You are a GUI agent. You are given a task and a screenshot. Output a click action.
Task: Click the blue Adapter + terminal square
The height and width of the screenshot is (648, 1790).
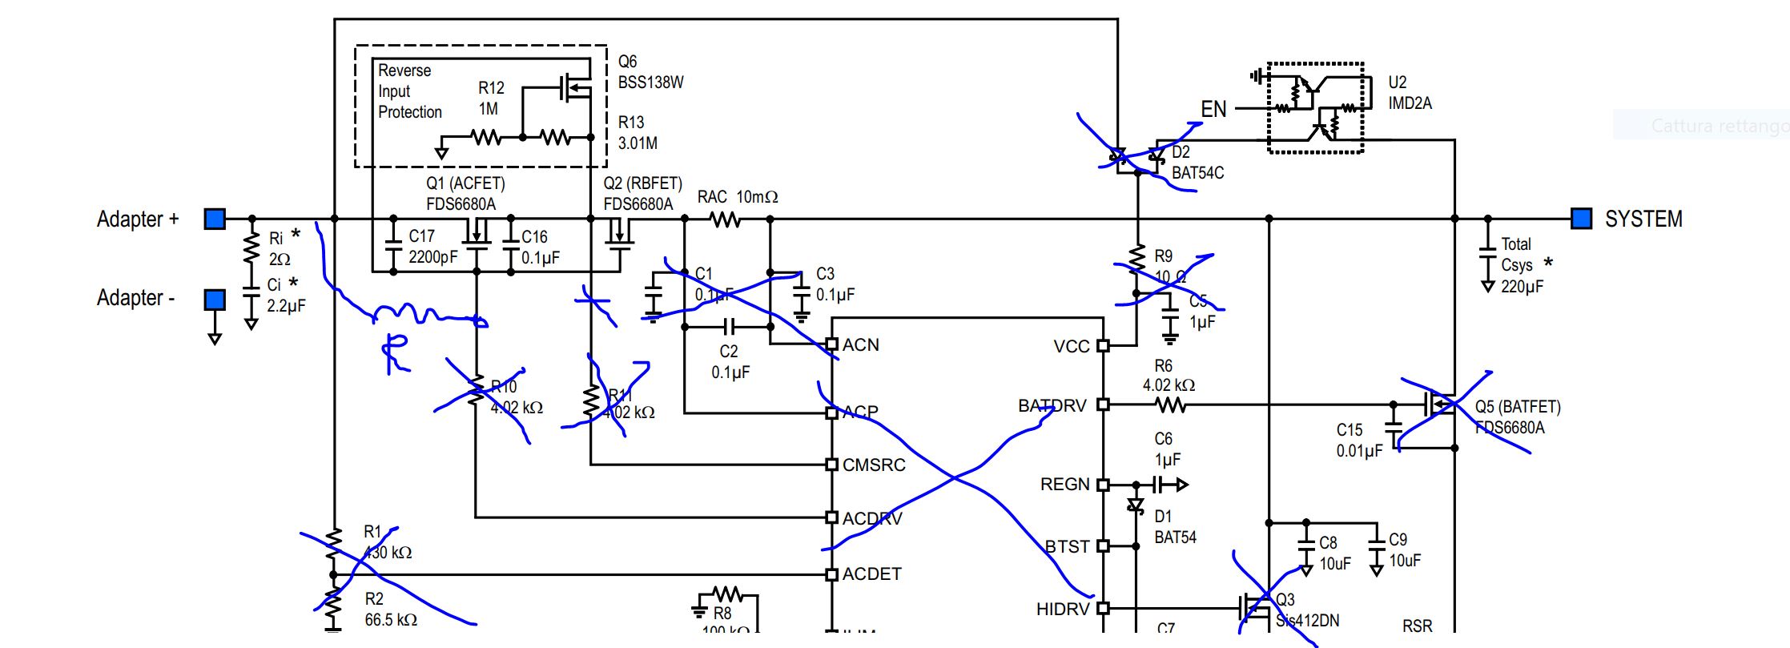215,219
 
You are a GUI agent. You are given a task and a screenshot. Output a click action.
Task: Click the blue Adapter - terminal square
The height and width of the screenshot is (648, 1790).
215,300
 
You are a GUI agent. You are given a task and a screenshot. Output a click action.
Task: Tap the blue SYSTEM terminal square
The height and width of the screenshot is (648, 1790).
1581,219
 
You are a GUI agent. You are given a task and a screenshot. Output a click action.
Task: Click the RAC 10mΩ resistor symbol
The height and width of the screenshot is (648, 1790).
726,219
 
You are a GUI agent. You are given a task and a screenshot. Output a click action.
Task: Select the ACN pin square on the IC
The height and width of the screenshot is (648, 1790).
832,344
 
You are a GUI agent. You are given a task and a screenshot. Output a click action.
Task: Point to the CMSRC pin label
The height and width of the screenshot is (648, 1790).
874,465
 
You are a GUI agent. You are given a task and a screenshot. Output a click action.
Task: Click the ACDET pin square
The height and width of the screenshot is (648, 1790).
832,574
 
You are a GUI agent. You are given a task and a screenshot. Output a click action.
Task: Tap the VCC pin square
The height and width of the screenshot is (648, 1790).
1103,346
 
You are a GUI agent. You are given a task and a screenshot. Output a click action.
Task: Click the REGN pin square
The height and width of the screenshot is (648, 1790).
1103,485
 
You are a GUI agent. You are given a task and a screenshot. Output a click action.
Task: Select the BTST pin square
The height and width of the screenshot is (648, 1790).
1103,546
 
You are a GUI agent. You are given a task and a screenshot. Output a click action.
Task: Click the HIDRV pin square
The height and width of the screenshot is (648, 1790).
1103,609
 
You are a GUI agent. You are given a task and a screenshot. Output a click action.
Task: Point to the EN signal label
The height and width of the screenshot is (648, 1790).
1213,109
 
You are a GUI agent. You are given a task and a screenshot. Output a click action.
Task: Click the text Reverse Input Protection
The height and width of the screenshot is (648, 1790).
408,91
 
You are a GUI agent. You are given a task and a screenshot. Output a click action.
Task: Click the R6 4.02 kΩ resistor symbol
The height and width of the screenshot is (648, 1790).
1171,405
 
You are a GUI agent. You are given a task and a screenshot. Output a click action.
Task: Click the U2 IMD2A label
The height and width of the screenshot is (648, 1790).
1410,93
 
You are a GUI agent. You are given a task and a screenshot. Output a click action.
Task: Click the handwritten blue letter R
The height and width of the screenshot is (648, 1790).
394,352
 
